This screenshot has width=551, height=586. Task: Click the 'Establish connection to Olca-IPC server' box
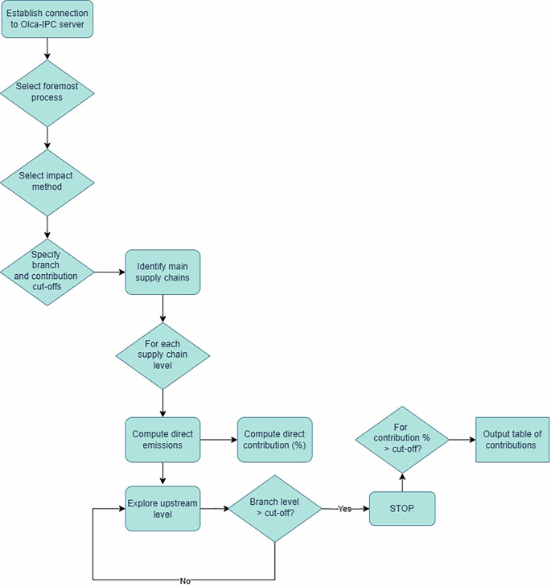(47, 19)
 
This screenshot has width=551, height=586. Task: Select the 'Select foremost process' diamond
(47, 92)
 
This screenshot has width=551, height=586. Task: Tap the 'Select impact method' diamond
(47, 182)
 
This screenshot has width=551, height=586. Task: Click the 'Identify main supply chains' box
(162, 273)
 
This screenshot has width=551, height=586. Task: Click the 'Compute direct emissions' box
(162, 440)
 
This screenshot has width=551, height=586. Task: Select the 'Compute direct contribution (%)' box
(274, 440)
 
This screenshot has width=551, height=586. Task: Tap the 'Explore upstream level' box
(162, 509)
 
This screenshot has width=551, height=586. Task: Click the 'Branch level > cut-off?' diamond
(275, 509)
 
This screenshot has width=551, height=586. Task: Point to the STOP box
(401, 509)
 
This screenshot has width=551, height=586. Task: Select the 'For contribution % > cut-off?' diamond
(401, 440)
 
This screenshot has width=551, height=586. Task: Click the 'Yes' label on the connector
(344, 509)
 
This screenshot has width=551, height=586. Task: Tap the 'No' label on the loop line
(185, 580)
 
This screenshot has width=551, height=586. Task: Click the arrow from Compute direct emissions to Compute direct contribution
(218, 440)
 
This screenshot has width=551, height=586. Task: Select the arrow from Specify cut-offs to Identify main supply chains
(109, 273)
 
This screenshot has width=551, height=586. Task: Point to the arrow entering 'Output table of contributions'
(461, 440)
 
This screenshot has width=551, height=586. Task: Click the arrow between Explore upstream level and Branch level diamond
(213, 509)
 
